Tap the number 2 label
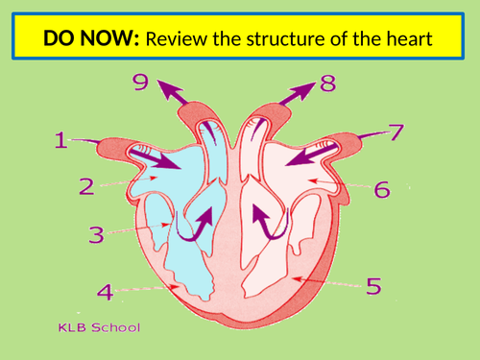[85, 187]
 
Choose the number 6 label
[382, 189]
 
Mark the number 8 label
[327, 84]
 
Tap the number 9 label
[142, 84]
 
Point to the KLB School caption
[99, 327]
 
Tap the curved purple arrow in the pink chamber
[266, 221]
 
